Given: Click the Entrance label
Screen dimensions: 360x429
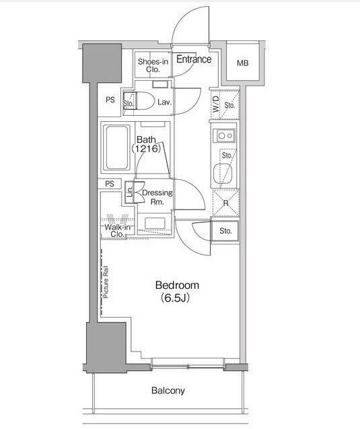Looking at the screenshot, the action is [194, 59].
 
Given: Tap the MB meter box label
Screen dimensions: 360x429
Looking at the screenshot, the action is [242, 63].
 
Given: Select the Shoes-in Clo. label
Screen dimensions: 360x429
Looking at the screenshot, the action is [153, 65].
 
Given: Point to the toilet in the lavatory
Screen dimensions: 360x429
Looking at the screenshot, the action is [139, 101].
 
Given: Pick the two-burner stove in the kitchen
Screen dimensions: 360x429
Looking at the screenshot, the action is [224, 136].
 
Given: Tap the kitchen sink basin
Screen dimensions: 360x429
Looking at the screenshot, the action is [223, 174].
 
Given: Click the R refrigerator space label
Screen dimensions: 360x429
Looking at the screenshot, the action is [226, 203].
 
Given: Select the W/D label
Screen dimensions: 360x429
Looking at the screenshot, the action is [216, 104].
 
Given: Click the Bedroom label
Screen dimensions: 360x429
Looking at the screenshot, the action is [177, 285].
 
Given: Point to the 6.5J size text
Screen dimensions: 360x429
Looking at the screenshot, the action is [175, 298].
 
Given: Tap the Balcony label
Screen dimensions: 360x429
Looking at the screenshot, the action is [168, 391].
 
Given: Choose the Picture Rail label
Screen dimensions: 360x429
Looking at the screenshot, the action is [106, 282].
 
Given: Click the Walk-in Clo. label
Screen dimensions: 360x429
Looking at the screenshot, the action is [118, 230].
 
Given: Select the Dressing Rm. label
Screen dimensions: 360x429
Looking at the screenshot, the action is [157, 197].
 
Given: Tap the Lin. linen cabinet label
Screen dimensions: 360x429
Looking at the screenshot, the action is [130, 192].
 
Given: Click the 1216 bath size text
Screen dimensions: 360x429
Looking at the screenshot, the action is [146, 149].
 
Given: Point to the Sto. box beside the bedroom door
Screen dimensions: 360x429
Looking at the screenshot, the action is [225, 231].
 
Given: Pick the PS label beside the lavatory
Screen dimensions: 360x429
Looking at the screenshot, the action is [110, 100].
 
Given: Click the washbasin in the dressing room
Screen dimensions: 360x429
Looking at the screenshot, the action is [155, 223].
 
